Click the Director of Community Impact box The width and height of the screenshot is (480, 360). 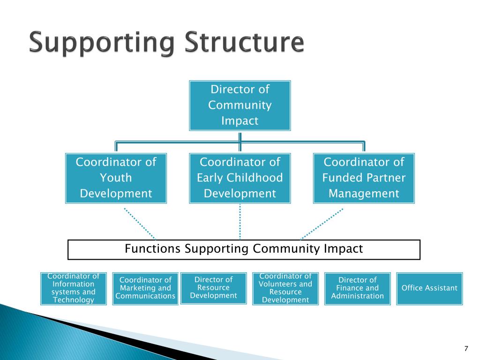(x=240, y=105)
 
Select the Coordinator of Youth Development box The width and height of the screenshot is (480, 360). (x=116, y=178)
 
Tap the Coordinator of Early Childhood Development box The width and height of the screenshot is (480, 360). (x=240, y=178)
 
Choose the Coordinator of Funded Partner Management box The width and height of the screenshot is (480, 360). (x=364, y=178)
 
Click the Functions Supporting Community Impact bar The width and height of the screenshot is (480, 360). (x=244, y=249)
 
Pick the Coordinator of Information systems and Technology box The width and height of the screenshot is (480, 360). (x=74, y=288)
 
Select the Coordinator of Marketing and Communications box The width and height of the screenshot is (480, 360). (x=145, y=288)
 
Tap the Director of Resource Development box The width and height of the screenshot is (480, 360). (x=213, y=288)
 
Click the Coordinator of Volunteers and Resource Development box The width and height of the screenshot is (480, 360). (x=285, y=288)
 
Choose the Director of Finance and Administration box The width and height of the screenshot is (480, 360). (x=358, y=288)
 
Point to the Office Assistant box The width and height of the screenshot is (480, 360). (x=429, y=288)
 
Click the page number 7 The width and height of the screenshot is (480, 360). (x=466, y=348)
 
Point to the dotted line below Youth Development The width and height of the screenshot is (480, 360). (x=139, y=223)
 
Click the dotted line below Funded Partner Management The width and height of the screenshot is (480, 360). (x=322, y=223)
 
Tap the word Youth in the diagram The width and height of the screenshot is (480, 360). (x=116, y=178)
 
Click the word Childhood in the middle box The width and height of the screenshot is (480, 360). (x=255, y=178)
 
